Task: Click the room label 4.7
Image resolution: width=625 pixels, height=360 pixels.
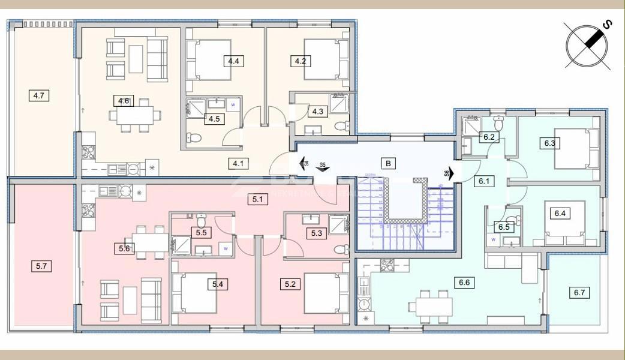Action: [40, 95]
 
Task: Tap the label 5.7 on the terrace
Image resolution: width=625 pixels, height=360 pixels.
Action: [40, 263]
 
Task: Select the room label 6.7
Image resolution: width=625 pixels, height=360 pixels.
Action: [579, 293]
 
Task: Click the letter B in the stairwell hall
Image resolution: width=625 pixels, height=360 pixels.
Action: [389, 163]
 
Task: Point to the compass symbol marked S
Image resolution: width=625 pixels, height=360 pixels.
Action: [588, 43]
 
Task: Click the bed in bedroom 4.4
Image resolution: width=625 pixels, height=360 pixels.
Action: [208, 59]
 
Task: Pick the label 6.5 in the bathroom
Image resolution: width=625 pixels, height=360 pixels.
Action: [504, 227]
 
